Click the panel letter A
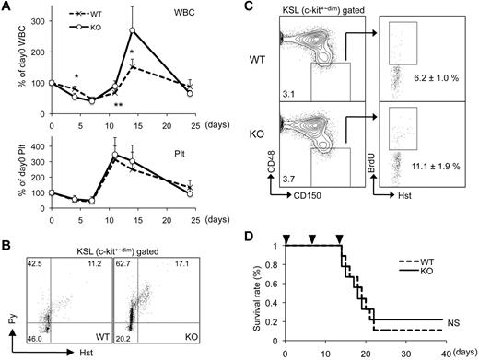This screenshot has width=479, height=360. click(x=7, y=7)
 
